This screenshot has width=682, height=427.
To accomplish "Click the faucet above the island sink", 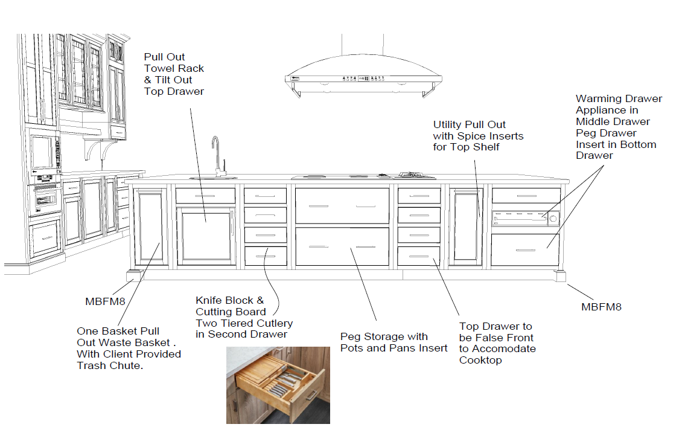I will [x=215, y=155].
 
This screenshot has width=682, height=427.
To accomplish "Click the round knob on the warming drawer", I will [x=553, y=219].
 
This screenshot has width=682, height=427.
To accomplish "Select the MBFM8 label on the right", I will [x=601, y=307].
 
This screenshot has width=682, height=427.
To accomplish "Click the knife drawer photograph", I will [x=278, y=385].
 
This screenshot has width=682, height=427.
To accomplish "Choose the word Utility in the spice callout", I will [x=448, y=125].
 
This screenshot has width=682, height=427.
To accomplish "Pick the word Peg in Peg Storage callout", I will [x=350, y=336].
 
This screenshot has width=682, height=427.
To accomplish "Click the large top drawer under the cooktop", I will [x=342, y=205].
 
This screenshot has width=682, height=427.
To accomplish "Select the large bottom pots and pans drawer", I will [x=342, y=246].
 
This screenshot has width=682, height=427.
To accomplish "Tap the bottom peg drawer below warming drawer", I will [x=525, y=249].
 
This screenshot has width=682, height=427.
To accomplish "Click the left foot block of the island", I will [x=133, y=276].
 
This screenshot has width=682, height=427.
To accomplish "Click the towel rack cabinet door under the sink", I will [x=205, y=235].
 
